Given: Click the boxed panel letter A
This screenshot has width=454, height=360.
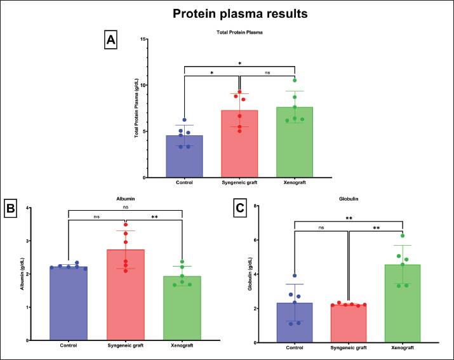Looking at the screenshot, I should (111, 41).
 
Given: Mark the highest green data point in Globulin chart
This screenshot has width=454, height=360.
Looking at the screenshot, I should (402, 236).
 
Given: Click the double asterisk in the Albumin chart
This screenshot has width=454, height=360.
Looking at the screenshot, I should (154, 217).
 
